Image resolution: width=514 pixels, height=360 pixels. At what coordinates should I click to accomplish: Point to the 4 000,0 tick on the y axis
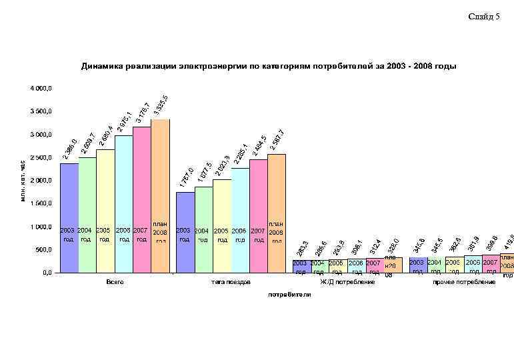(x=41, y=88)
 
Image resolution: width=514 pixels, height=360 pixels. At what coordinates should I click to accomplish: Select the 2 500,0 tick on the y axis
(x=41, y=157)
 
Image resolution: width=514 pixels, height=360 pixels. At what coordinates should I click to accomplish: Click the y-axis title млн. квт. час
(x=23, y=180)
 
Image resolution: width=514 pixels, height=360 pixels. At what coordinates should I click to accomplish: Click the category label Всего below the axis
(x=115, y=283)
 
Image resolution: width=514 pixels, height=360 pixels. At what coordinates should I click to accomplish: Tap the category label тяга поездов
(x=231, y=283)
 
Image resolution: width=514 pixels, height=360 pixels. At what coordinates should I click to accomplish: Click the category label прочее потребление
(x=464, y=283)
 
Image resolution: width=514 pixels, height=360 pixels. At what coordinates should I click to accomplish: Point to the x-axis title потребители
(x=289, y=294)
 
